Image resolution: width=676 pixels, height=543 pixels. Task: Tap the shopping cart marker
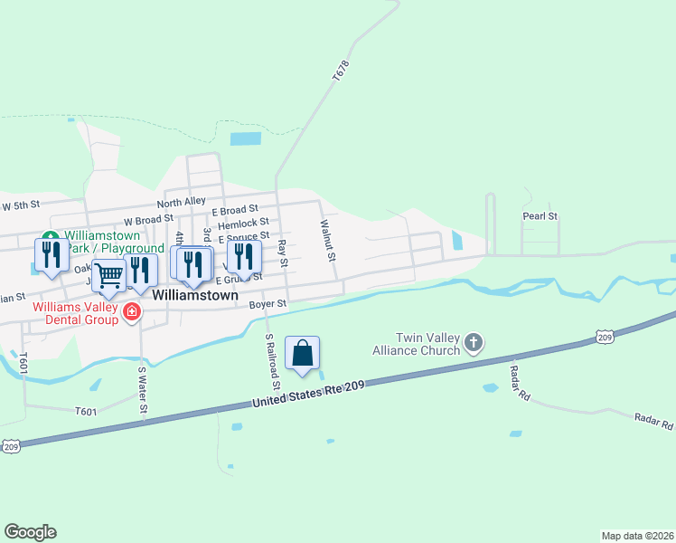(108, 276)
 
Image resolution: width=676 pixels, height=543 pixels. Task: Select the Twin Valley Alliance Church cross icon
(474, 343)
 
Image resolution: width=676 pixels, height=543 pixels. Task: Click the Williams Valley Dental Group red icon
(132, 312)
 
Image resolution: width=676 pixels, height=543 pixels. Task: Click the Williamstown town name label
(195, 295)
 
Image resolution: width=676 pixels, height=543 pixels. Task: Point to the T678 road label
(340, 73)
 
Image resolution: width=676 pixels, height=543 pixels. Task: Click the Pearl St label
(540, 216)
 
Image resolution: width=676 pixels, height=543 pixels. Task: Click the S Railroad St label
(272, 361)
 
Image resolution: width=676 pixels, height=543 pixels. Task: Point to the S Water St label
(142, 389)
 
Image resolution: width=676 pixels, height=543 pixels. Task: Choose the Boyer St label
(268, 304)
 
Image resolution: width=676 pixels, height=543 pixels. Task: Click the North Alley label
(181, 202)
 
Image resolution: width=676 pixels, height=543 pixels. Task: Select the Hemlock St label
(243, 222)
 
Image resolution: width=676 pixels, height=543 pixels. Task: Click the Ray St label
(282, 253)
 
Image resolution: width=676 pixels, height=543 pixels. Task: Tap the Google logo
(30, 532)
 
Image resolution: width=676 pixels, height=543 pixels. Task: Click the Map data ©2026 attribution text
(637, 536)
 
